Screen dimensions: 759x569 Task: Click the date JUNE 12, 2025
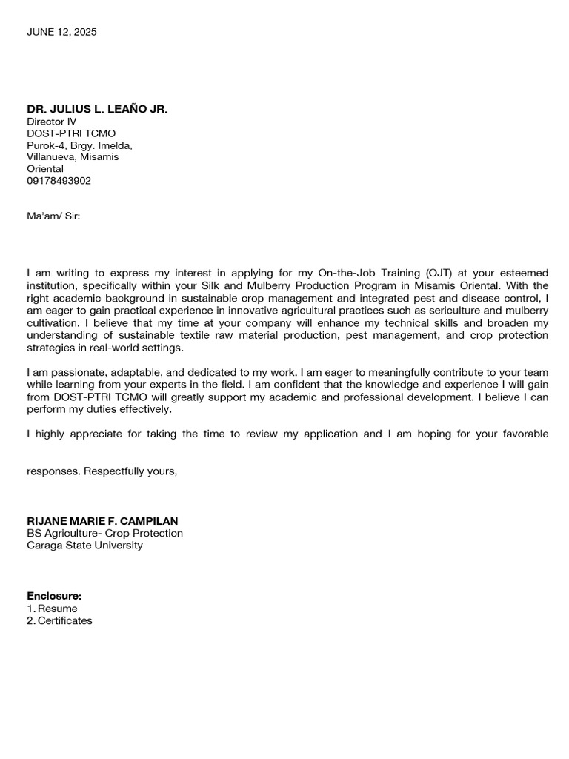click(61, 32)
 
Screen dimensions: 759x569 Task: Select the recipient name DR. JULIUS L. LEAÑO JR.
click(97, 109)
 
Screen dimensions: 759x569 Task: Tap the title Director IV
click(51, 122)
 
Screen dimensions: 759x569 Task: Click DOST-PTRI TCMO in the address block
click(71, 133)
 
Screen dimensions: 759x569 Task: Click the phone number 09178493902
click(59, 181)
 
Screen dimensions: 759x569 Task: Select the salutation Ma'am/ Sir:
click(53, 216)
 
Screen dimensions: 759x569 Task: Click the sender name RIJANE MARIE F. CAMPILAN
click(102, 521)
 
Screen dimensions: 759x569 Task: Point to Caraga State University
click(84, 546)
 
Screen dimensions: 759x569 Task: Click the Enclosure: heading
click(54, 596)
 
